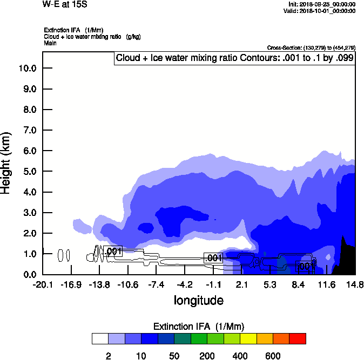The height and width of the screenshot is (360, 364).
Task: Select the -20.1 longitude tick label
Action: [43, 284]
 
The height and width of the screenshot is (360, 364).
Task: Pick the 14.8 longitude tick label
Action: [355, 284]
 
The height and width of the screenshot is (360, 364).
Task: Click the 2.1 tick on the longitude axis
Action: [241, 284]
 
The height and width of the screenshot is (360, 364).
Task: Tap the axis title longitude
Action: [198, 300]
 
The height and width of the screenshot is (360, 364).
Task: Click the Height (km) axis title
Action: [7, 162]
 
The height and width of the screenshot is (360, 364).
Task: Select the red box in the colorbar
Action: [297, 338]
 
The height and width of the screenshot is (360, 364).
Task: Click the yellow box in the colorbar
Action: [248, 338]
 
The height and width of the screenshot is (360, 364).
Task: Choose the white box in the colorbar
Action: [100, 338]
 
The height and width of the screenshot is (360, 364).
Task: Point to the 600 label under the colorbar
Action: [273, 356]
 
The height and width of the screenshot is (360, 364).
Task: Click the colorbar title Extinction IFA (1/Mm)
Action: [199, 327]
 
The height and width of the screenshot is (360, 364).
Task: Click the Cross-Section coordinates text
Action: [311, 48]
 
